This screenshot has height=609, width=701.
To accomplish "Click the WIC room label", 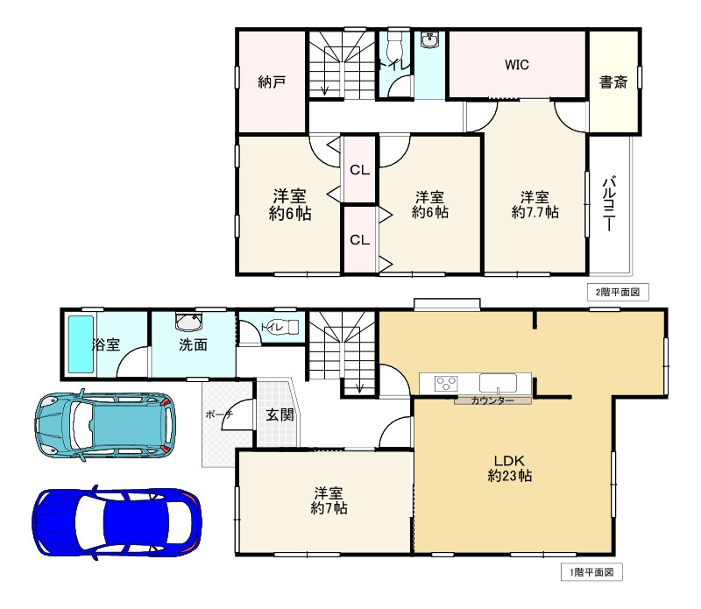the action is click(x=517, y=65).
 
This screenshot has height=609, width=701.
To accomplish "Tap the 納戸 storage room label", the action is click(x=272, y=81).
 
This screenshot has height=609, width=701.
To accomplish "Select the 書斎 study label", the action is click(x=612, y=81).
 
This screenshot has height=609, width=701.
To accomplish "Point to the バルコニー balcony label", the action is click(x=609, y=204).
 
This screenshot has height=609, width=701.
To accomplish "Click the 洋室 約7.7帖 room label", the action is click(x=535, y=204).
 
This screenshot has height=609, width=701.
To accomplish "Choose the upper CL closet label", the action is click(x=359, y=170).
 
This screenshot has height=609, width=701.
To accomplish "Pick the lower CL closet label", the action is click(x=359, y=240).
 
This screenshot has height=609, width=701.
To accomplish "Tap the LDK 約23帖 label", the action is click(x=509, y=468).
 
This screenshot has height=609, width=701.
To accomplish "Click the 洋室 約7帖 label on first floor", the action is click(x=329, y=501).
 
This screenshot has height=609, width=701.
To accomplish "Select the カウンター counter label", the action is click(x=492, y=400).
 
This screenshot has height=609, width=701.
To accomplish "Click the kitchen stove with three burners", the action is click(x=446, y=384).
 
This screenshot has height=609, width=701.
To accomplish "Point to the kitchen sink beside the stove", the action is click(x=498, y=383).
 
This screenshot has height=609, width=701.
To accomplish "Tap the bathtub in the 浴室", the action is click(x=81, y=343).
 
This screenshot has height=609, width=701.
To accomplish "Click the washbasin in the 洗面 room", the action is click(x=188, y=322).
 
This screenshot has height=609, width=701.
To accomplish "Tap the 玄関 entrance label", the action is click(x=280, y=415).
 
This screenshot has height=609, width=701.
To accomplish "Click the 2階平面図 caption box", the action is click(x=618, y=293).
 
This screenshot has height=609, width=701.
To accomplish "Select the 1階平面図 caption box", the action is click(x=591, y=572).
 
